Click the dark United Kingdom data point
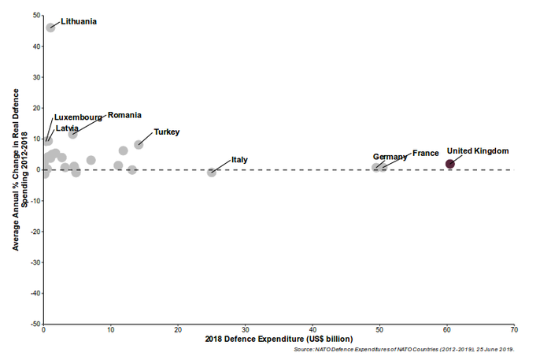[450, 164]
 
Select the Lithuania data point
[50, 28]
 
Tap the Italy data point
[212, 172]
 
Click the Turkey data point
[139, 145]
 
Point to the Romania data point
[73, 134]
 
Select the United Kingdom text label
[478, 150]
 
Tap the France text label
[426, 153]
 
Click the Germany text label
[390, 157]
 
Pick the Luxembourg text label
[78, 117]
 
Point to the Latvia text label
[67, 128]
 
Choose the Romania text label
[124, 115]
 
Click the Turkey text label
[167, 132]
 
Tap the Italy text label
[240, 160]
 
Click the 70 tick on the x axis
[513, 330]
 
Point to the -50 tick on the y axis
[35, 324]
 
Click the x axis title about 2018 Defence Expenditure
[279, 340]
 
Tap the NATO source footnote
[402, 349]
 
